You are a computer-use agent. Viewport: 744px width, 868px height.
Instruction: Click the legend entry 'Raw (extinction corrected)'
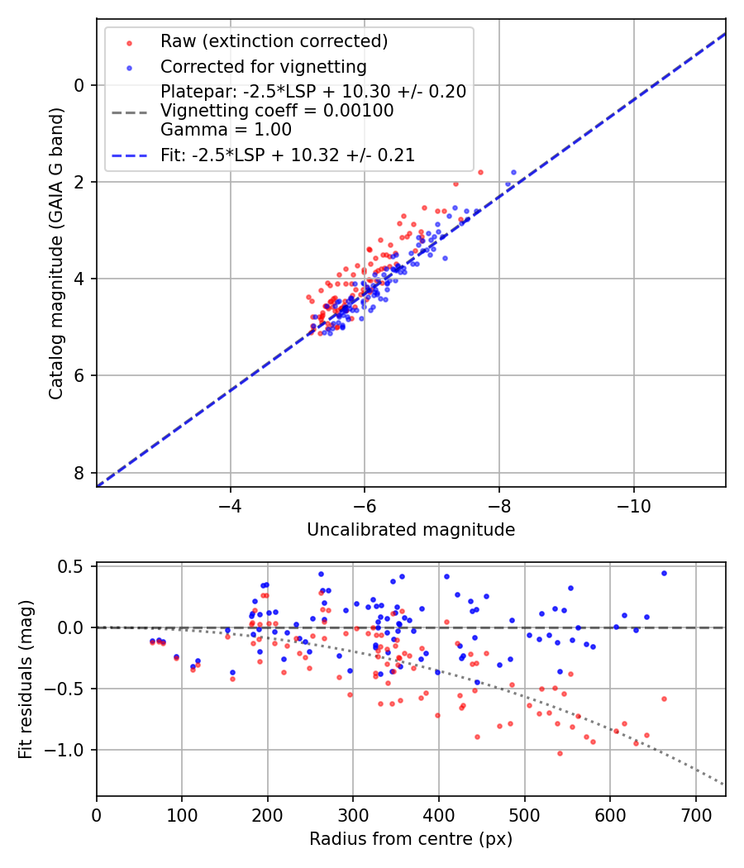[274, 41]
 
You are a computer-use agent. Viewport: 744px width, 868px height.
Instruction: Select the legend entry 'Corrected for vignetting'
[263, 66]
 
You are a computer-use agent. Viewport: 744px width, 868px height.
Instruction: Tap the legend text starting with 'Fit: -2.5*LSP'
[288, 155]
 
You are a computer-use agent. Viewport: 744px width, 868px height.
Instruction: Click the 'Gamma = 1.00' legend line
[226, 129]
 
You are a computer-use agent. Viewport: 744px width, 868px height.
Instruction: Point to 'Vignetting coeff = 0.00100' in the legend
[277, 111]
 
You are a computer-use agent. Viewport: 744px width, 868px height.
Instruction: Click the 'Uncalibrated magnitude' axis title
[411, 530]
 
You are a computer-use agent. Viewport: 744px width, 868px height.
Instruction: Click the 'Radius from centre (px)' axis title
[411, 839]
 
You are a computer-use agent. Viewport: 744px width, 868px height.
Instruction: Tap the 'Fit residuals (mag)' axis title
[26, 679]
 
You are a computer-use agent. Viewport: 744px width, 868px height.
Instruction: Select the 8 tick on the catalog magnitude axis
[79, 473]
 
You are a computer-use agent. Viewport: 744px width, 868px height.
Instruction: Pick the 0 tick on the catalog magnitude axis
[79, 85]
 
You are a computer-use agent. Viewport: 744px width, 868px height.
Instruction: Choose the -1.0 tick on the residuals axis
[67, 750]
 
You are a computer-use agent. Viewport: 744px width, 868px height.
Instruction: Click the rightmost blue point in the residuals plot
[664, 573]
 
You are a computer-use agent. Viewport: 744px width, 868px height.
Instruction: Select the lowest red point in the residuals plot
[560, 753]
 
